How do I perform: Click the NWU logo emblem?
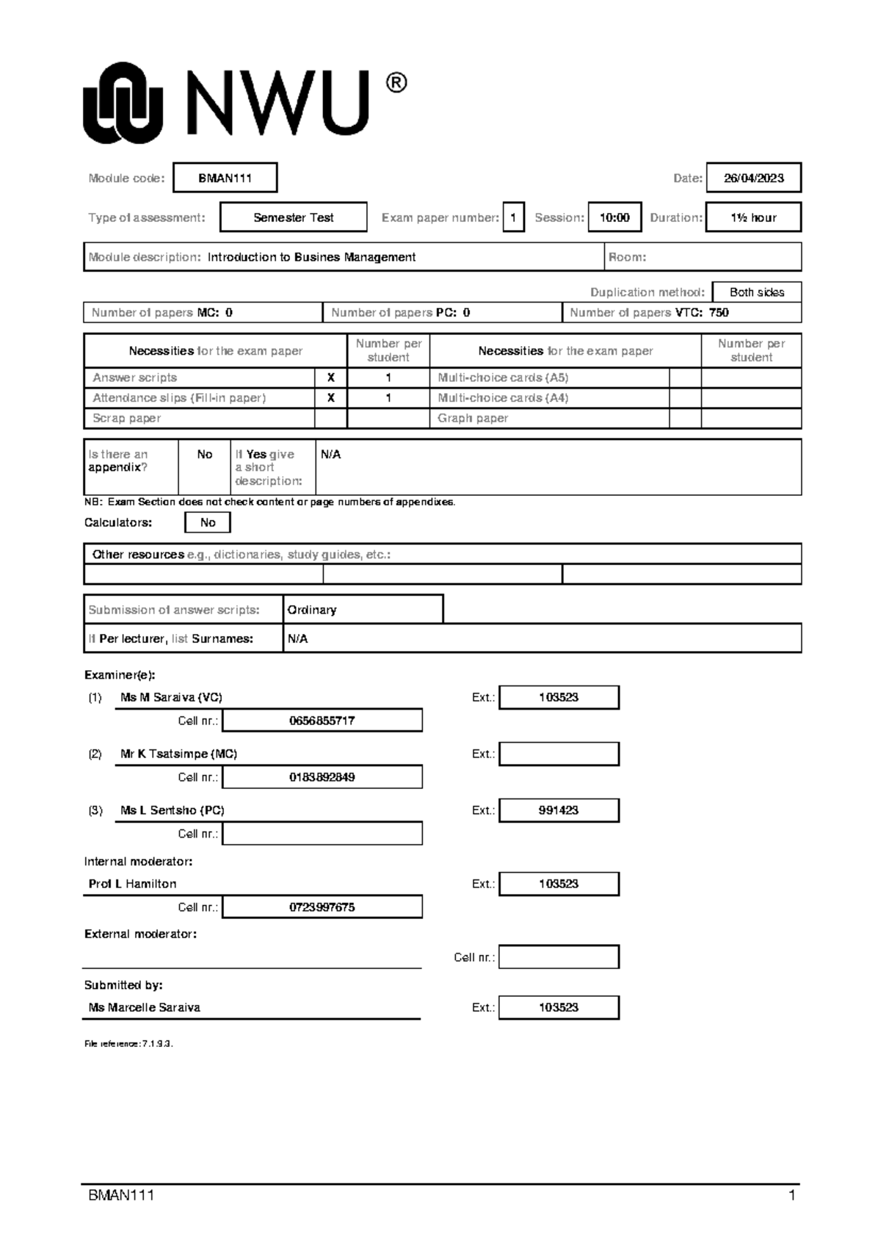(x=122, y=103)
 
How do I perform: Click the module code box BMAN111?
(x=225, y=178)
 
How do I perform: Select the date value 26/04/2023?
(x=753, y=178)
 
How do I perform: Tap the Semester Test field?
(x=293, y=217)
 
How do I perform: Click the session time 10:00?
(x=614, y=217)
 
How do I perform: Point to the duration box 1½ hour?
(x=753, y=217)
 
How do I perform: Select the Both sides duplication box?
(x=756, y=292)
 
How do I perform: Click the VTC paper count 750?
(x=719, y=312)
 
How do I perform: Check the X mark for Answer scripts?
(x=330, y=378)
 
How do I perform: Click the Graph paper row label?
(x=473, y=418)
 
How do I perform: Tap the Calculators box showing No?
(x=208, y=522)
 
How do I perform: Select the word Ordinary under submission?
(x=312, y=610)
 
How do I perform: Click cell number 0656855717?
(x=322, y=721)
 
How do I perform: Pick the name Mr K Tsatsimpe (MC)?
(x=178, y=754)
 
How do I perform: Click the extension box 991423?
(x=559, y=810)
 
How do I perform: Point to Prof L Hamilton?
(x=132, y=884)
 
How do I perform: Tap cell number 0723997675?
(x=322, y=907)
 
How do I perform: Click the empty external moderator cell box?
(x=559, y=957)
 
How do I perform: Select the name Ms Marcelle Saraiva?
(x=144, y=1007)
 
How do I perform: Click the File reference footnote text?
(x=128, y=1044)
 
